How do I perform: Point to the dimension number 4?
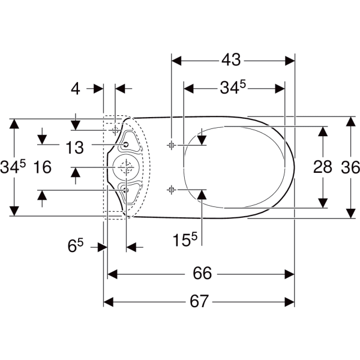point(75,89)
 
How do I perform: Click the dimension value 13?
point(74,146)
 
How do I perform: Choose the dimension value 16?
point(43,167)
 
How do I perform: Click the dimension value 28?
point(323,167)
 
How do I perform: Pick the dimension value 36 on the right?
point(350,167)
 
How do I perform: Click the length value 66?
point(202,274)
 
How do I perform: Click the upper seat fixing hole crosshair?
point(172,144)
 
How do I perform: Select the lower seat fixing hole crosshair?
point(172,189)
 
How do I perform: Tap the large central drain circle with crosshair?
point(126,167)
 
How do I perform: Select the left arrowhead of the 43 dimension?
point(176,60)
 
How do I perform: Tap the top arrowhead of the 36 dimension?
point(350,121)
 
